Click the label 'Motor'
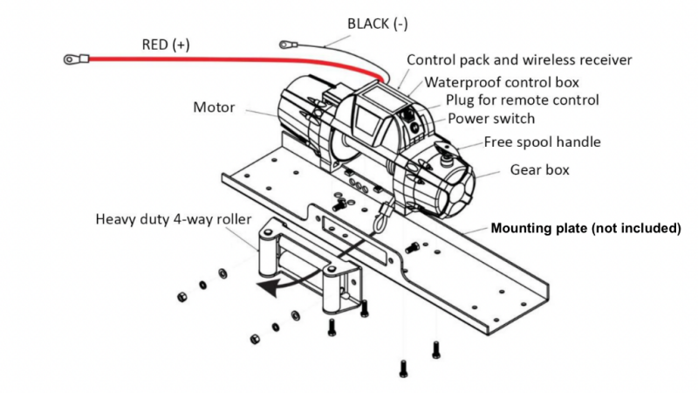214,108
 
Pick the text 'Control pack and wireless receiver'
519,60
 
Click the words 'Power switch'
491,119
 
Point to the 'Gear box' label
539,169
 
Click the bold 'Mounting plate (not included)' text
585,229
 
